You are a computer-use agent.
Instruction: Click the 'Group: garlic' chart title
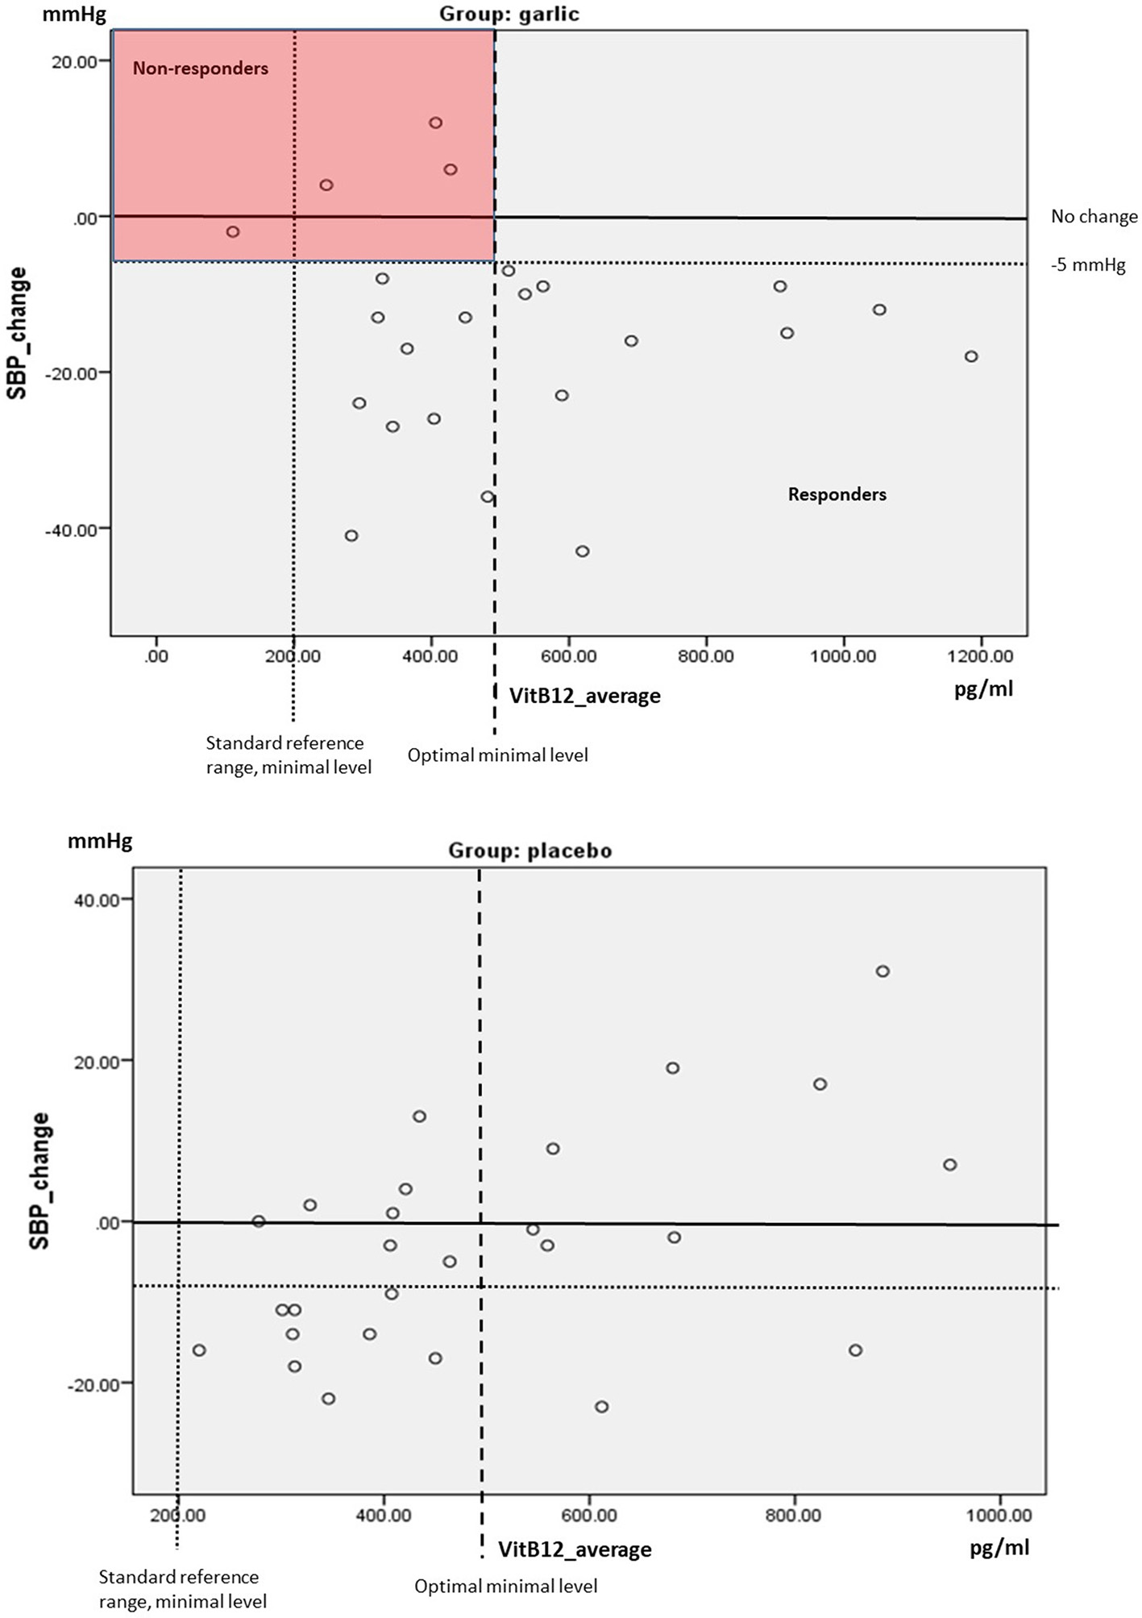(509, 14)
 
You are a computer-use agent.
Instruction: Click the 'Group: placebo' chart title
(529, 851)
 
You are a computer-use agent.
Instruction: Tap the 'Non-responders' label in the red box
(200, 69)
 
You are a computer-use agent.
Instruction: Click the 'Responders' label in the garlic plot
(837, 494)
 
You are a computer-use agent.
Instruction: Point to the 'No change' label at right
(1094, 216)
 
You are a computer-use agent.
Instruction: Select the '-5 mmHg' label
(1088, 264)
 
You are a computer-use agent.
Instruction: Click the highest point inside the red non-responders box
(435, 123)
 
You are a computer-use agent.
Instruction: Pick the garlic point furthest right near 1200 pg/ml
(971, 356)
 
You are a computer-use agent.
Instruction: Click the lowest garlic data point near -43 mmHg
(582, 551)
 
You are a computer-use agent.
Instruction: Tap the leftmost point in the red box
(233, 231)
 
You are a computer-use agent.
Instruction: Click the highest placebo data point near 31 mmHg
(882, 971)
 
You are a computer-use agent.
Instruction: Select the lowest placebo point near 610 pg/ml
(601, 1407)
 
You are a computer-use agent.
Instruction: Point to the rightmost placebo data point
(949, 1165)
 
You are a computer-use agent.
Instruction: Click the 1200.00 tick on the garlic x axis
(980, 656)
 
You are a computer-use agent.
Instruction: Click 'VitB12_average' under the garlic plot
(584, 696)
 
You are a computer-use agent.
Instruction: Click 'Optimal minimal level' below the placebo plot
(505, 1587)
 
